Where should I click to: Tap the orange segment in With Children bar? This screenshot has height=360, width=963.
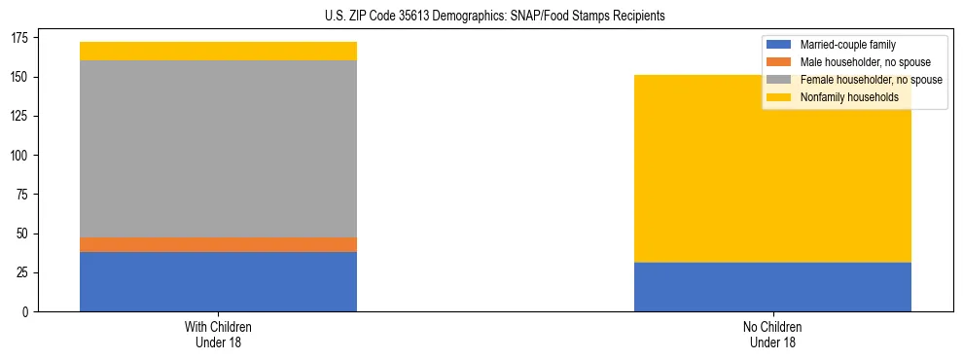click(218, 244)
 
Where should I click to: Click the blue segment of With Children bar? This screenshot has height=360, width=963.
click(218, 281)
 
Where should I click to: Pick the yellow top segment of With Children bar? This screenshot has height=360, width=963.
click(218, 51)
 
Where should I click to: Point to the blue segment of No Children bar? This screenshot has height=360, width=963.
click(772, 287)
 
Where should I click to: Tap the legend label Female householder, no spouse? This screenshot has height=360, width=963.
click(870, 80)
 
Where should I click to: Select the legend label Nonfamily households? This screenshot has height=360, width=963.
click(843, 97)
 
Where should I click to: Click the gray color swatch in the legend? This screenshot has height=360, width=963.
click(780, 80)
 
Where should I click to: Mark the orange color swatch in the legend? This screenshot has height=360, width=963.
click(780, 62)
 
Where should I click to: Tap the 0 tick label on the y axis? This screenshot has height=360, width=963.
click(28, 312)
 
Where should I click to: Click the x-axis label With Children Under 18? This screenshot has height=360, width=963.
click(218, 334)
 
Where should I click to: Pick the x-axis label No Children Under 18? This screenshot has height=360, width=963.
click(772, 334)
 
